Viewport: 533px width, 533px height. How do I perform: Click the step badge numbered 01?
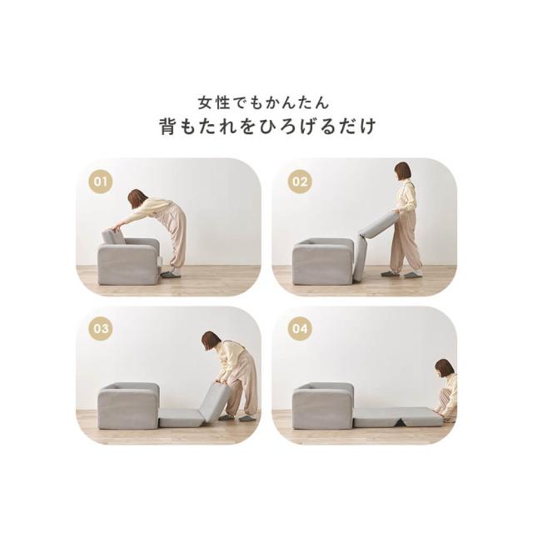point(101,182)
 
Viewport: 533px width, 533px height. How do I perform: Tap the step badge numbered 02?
point(300,182)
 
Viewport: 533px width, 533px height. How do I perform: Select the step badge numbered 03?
point(101,329)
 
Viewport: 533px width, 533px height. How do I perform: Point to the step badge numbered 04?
point(300,329)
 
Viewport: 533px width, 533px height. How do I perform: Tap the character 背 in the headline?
point(168,127)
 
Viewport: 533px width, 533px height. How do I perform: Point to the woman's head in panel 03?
point(211,341)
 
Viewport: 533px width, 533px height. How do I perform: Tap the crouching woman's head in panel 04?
point(444,368)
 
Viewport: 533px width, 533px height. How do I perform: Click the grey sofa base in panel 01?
point(128,261)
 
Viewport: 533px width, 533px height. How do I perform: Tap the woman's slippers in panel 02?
point(401,274)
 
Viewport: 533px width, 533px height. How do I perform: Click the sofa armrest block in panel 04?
point(323,406)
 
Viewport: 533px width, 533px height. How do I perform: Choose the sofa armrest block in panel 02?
point(323,261)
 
